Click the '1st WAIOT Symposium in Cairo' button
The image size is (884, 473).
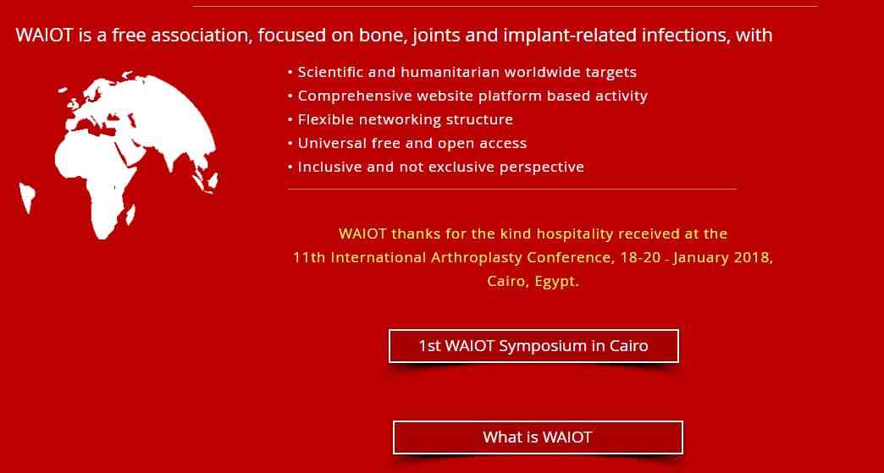tap(533, 346)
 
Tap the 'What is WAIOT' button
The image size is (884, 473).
tap(538, 437)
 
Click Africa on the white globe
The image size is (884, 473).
tap(96, 180)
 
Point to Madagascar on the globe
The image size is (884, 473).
tap(130, 215)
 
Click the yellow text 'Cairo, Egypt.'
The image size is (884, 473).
tap(533, 282)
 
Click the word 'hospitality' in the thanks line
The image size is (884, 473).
tap(574, 234)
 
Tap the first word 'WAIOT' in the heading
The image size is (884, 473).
tap(45, 36)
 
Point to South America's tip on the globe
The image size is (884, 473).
tap(26, 212)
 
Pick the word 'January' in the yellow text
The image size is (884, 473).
tap(701, 258)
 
